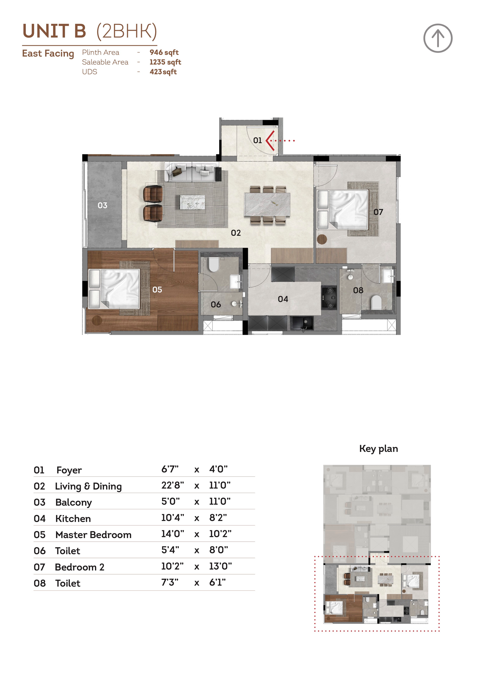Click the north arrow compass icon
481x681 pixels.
(x=438, y=38)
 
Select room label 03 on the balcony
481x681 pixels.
(x=102, y=205)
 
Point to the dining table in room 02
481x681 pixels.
(x=267, y=204)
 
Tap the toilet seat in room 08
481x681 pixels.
(x=376, y=302)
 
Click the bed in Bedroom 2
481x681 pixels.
(x=343, y=209)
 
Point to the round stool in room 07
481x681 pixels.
(x=322, y=239)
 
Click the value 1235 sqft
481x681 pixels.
(x=165, y=62)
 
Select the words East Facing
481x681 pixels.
(x=48, y=54)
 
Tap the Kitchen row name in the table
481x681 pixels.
(x=73, y=518)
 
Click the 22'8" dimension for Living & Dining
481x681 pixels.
(x=173, y=485)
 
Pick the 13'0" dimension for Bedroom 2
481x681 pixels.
(x=220, y=566)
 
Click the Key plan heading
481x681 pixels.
(x=378, y=449)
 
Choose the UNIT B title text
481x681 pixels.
(x=54, y=31)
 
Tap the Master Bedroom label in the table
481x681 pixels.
(x=93, y=535)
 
